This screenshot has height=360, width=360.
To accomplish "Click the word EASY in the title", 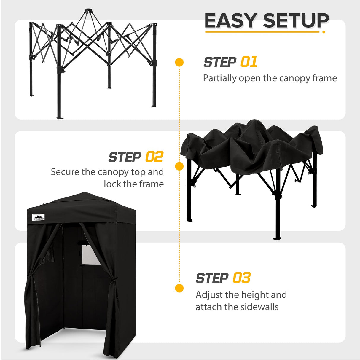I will click(231, 21).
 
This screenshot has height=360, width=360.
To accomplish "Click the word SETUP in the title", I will click(296, 21).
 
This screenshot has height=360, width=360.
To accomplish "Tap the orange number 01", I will click(249, 62).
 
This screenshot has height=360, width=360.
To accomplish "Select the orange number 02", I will click(154, 157).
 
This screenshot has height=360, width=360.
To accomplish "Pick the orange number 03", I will click(241, 278).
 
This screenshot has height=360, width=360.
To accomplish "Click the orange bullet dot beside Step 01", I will click(179, 62).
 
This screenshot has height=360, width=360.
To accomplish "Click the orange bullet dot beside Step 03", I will click(179, 288).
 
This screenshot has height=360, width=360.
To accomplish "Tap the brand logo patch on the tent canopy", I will click(38, 217).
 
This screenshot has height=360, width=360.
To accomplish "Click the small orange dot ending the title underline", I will click(324, 32).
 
